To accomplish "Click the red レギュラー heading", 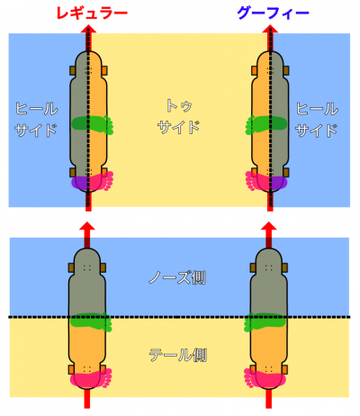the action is point(92,14).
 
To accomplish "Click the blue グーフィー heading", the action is point(273,14).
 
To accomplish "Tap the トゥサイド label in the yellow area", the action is point(179,116).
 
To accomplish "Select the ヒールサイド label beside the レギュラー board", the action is point(36,119).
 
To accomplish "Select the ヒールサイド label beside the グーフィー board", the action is point(317,119).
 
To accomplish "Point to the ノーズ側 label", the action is point(177,278).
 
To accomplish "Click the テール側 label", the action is point(177,355).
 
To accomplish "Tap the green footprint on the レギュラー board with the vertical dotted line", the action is point(93,124).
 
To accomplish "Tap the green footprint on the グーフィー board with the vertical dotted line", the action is point(266,124).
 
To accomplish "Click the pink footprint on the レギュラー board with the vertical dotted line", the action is point(93,181).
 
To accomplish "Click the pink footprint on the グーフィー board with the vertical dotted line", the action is point(266,181).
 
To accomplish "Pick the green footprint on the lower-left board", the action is point(91,321).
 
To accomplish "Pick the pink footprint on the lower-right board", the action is point(265,377).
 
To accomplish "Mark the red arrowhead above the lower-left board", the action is point(87,226).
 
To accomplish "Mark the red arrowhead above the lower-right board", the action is point(268,226).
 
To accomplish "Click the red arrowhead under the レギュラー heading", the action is point(88,29).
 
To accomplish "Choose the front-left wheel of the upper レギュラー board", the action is point(73,70).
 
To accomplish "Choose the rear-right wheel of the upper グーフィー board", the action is point(286,172).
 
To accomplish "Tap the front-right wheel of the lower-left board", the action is point(103,268).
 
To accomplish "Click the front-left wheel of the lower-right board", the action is point(253,268).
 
